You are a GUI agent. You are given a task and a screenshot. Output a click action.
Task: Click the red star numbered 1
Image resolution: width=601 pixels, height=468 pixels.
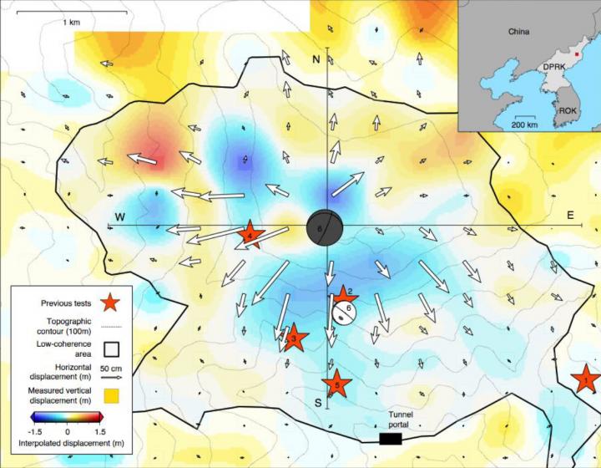(585, 380)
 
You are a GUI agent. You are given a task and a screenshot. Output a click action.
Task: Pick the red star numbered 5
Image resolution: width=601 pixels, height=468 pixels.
(336, 384)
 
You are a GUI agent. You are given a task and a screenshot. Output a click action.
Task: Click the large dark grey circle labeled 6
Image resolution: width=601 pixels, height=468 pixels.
(325, 227)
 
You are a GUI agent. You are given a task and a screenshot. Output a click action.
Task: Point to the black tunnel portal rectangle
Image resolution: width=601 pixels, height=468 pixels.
(390, 438)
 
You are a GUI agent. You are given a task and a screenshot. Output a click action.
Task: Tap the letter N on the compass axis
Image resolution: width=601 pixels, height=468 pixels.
(316, 59)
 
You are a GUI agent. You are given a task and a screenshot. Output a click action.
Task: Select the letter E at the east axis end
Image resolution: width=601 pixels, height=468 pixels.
(571, 216)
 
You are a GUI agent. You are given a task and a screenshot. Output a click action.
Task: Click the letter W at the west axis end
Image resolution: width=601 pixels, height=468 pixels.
(120, 217)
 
